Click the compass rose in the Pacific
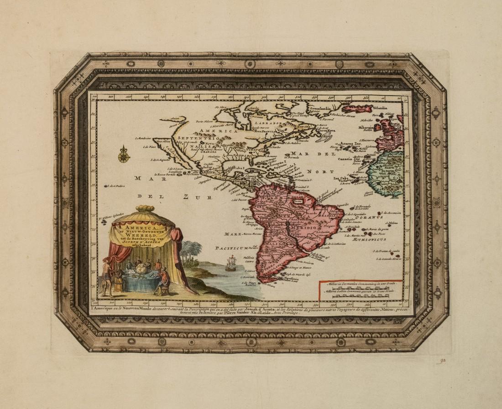tap(124, 155)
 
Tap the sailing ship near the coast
tap(230, 264)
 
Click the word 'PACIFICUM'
tap(230, 248)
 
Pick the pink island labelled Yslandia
tap(357, 109)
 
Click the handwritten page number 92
tap(440, 361)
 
